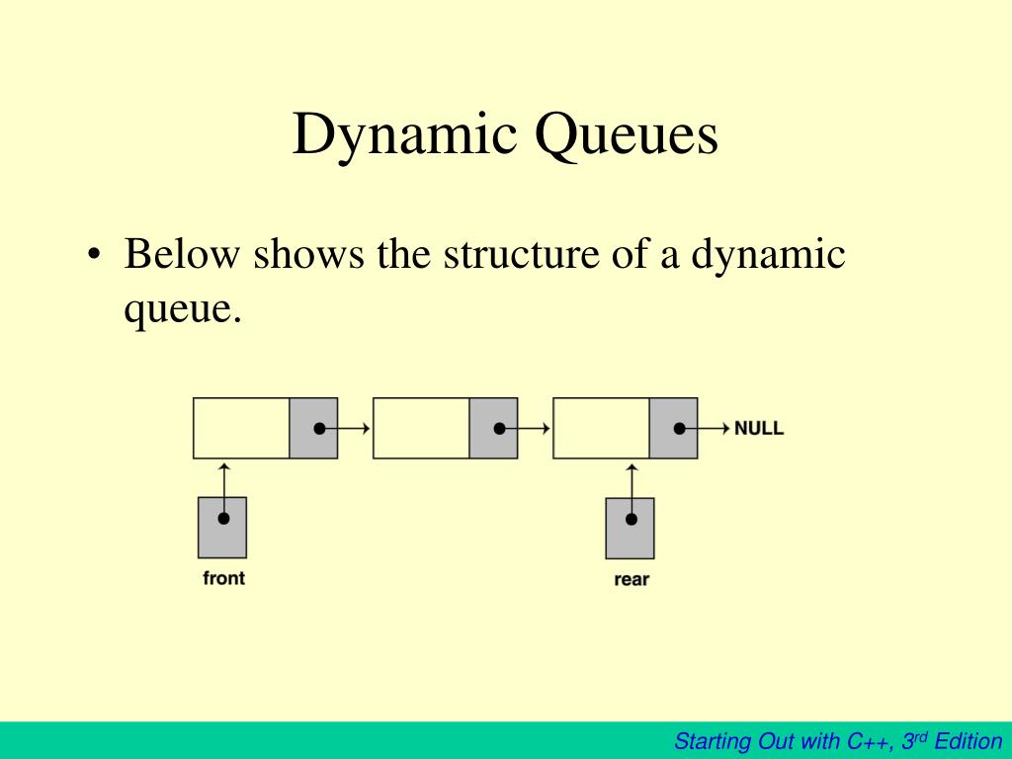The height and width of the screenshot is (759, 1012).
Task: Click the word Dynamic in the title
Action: pyautogui.click(x=405, y=136)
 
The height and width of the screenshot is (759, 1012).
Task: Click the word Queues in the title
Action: pyautogui.click(x=627, y=136)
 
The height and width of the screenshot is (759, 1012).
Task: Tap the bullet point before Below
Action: pyautogui.click(x=94, y=256)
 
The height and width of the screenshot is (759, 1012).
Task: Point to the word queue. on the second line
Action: pyautogui.click(x=182, y=309)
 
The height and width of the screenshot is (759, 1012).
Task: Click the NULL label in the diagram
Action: pyautogui.click(x=758, y=429)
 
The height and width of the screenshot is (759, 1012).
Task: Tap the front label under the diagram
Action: pyautogui.click(x=223, y=578)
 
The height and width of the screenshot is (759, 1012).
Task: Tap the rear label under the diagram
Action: pyautogui.click(x=631, y=579)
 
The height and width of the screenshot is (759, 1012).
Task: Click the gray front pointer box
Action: pyautogui.click(x=222, y=528)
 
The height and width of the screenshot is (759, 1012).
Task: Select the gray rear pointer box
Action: pyautogui.click(x=630, y=528)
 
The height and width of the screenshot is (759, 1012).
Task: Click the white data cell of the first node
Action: pyautogui.click(x=241, y=428)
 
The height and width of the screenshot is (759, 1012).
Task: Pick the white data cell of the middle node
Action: pyautogui.click(x=421, y=428)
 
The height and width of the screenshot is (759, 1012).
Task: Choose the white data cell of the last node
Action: pyautogui.click(x=601, y=428)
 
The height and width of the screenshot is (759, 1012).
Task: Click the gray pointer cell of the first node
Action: pyautogui.click(x=313, y=428)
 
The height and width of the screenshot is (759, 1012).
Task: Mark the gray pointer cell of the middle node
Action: pyautogui.click(x=493, y=428)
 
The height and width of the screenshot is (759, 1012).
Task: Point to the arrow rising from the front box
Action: pyautogui.click(x=224, y=481)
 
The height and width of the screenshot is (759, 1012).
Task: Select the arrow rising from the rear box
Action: pyautogui.click(x=632, y=481)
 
